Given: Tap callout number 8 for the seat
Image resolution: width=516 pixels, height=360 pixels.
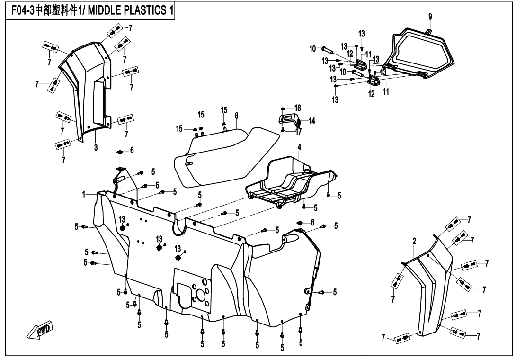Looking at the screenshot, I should [x=235, y=115].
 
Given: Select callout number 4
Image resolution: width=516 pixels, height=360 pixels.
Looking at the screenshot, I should [x=299, y=147].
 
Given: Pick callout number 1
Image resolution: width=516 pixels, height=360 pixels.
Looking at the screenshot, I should [x=82, y=194].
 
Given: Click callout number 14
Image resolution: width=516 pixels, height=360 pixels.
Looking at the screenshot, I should [x=311, y=120].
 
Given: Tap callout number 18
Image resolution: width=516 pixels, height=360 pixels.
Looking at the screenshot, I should [x=298, y=108].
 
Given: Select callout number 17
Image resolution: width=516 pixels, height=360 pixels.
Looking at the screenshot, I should [x=298, y=132].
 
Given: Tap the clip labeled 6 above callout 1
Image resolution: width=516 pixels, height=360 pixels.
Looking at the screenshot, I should [x=120, y=152].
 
